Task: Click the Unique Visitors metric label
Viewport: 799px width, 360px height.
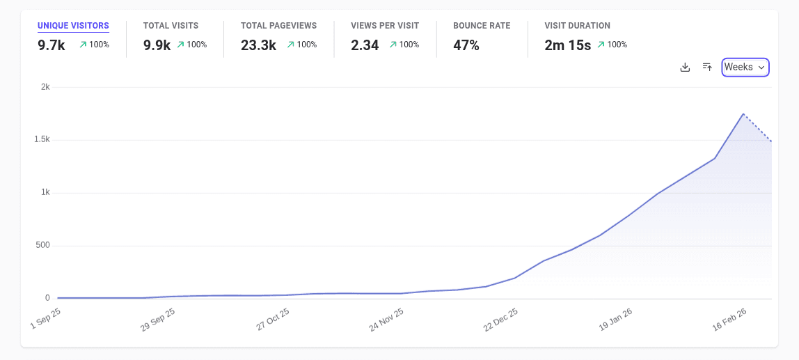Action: pyautogui.click(x=73, y=26)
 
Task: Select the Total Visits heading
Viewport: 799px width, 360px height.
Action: pyautogui.click(x=171, y=26)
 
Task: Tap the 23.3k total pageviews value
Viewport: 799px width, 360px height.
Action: pyautogui.click(x=258, y=45)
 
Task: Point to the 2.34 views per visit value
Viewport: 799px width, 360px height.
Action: pyautogui.click(x=365, y=45)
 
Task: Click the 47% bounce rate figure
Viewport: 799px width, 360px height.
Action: pyautogui.click(x=466, y=45)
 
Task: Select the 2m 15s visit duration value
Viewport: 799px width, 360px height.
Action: pyautogui.click(x=568, y=45)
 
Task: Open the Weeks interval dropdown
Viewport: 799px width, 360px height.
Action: pyautogui.click(x=745, y=67)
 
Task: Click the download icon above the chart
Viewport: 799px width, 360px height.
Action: pyautogui.click(x=685, y=67)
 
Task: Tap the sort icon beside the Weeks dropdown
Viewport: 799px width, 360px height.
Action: pyautogui.click(x=707, y=67)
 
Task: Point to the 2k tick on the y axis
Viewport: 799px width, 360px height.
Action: pyautogui.click(x=45, y=87)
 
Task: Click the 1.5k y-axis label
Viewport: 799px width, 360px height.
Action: pyautogui.click(x=42, y=140)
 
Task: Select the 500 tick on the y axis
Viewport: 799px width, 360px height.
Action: pyautogui.click(x=42, y=245)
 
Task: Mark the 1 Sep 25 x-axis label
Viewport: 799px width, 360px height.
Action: pyautogui.click(x=47, y=320)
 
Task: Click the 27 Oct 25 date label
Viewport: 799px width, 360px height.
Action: pyautogui.click(x=273, y=320)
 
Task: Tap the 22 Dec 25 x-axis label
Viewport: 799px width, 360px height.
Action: pyautogui.click(x=500, y=320)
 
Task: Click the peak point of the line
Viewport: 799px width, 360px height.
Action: pyautogui.click(x=743, y=114)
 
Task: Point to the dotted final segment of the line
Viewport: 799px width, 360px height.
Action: pyautogui.click(x=758, y=128)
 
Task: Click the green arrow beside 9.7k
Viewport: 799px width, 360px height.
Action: pyautogui.click(x=83, y=45)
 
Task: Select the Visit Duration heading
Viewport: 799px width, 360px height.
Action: pyautogui.click(x=577, y=26)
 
